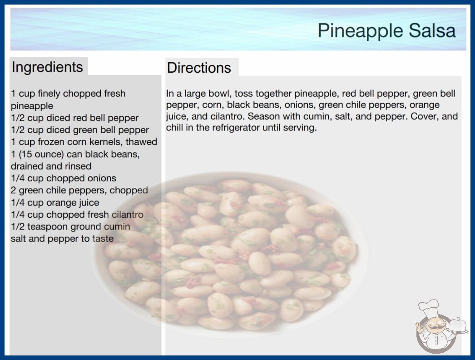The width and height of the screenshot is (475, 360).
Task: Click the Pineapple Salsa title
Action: point(386,31)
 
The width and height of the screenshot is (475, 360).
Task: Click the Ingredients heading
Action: point(47,67)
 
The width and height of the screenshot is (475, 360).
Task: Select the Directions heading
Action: point(199,68)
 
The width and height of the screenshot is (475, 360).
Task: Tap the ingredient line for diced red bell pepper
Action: point(74,118)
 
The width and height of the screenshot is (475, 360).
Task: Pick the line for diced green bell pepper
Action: point(80,130)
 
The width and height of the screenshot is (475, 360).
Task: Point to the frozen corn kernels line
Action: point(84,142)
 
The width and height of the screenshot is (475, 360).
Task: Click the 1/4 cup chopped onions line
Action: point(64,178)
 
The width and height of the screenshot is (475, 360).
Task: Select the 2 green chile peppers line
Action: point(79,190)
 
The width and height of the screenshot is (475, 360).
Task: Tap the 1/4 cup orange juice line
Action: point(55,202)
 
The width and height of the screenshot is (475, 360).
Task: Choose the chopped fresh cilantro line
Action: point(77,215)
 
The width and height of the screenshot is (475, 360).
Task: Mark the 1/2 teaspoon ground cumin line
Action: point(70,226)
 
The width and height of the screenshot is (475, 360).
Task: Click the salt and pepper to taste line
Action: point(62,239)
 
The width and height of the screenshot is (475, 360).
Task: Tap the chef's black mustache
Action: point(433,326)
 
